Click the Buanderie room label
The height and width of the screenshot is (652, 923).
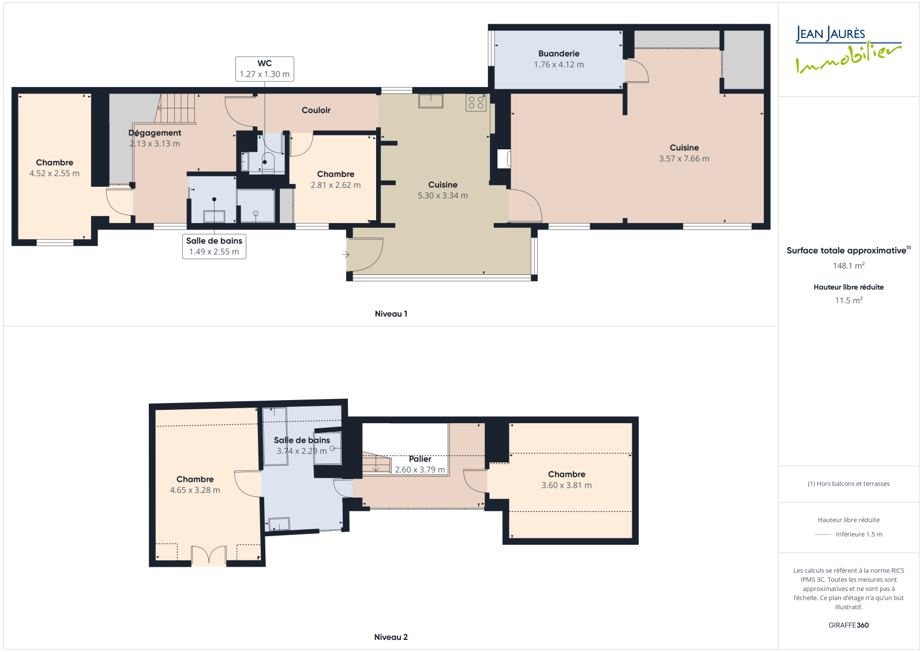tap(559, 54)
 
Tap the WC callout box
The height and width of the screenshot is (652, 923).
tap(265, 69)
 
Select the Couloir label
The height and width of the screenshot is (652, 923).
tap(316, 110)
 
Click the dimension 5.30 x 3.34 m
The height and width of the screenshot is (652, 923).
tap(442, 195)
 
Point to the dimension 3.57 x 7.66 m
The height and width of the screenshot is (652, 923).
tap(684, 159)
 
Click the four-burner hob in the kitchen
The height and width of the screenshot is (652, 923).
tap(476, 103)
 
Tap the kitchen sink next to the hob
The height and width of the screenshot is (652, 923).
tap(430, 101)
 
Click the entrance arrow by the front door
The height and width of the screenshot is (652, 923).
tap(346, 255)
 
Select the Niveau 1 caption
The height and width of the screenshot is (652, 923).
tap(391, 314)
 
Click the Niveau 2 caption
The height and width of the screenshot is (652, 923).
tap(391, 637)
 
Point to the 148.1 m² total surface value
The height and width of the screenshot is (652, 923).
tap(849, 266)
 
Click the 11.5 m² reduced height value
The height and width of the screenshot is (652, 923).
tap(849, 300)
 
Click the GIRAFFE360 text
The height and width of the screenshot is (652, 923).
tap(849, 625)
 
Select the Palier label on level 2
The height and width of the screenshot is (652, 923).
tap(420, 459)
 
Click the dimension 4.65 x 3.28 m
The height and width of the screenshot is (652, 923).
tap(195, 490)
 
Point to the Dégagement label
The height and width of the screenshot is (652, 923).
tap(155, 133)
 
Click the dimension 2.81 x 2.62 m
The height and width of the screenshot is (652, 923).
tap(335, 186)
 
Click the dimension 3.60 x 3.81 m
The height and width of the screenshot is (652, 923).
tap(566, 485)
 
